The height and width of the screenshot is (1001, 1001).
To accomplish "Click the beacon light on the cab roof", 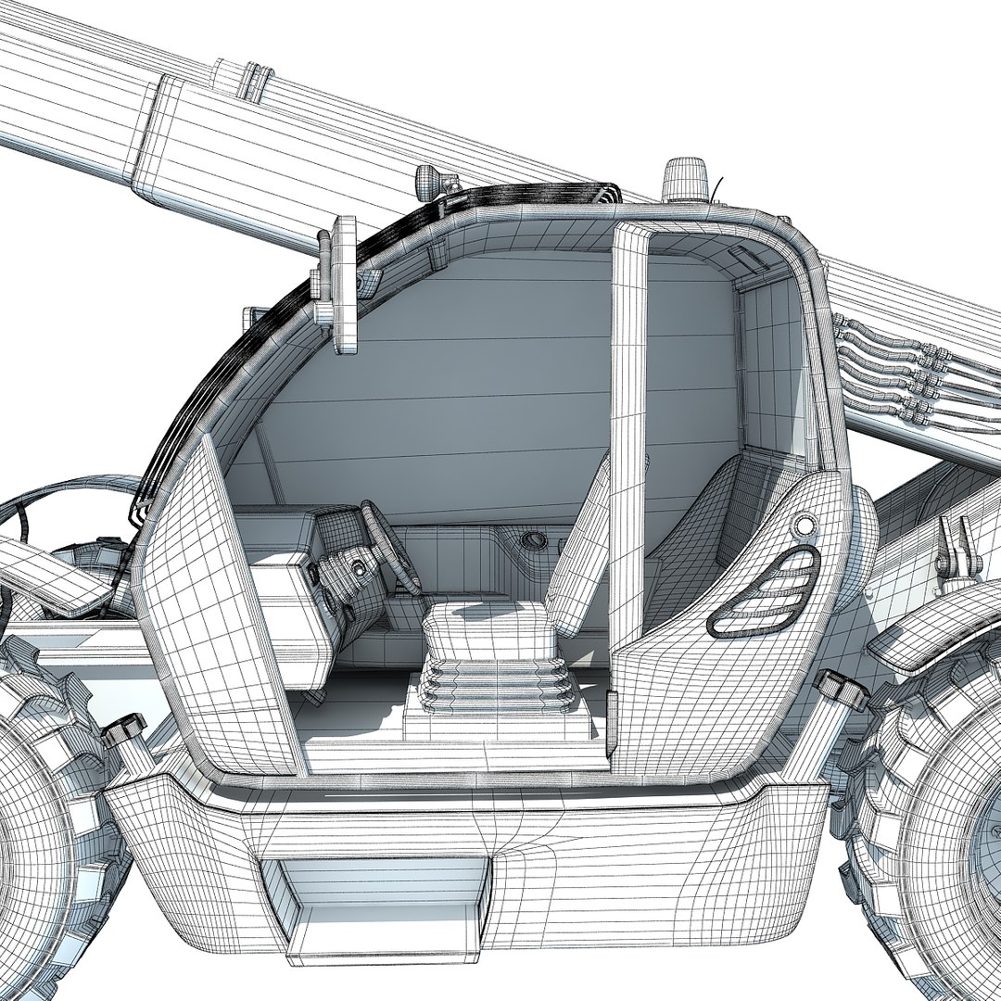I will (x=685, y=180).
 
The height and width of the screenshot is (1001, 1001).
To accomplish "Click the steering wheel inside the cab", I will (x=389, y=547).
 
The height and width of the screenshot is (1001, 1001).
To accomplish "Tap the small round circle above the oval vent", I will (x=805, y=526).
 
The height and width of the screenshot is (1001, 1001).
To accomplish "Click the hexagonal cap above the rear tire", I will (x=842, y=691).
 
